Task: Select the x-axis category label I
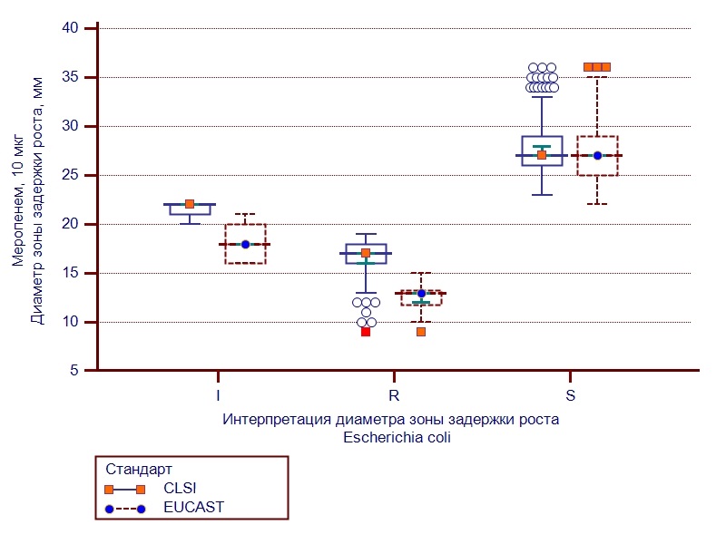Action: pyautogui.click(x=218, y=396)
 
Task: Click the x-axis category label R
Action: pyautogui.click(x=394, y=396)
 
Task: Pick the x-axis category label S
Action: pyautogui.click(x=570, y=396)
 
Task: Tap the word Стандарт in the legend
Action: pyautogui.click(x=139, y=471)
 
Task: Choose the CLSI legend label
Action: pyautogui.click(x=180, y=489)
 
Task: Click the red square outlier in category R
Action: pyautogui.click(x=366, y=332)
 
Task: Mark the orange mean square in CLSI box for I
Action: pyautogui.click(x=190, y=204)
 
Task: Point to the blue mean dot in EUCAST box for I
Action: pyautogui.click(x=245, y=244)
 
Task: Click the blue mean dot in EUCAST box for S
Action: pyautogui.click(x=597, y=155)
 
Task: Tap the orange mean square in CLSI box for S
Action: pyautogui.click(x=542, y=155)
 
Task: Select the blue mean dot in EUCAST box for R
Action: pyautogui.click(x=421, y=293)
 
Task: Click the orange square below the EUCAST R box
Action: pyautogui.click(x=421, y=332)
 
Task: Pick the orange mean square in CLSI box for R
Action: pyautogui.click(x=366, y=253)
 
